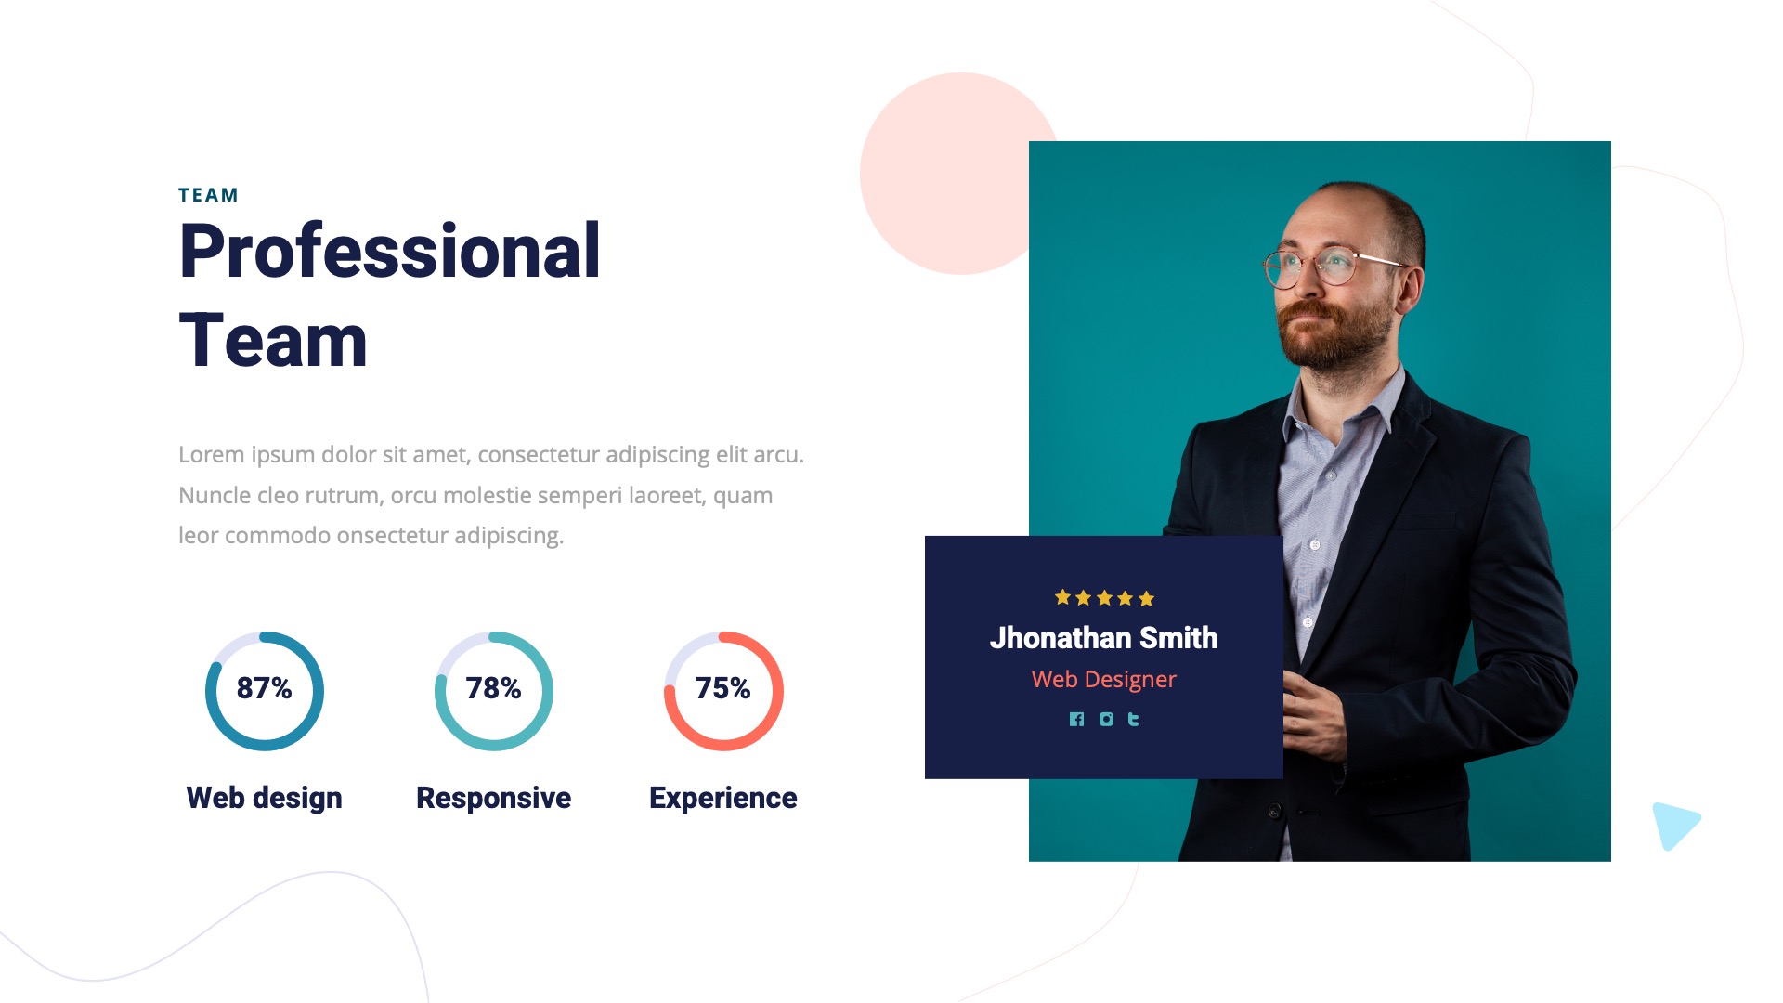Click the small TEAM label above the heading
point(208,195)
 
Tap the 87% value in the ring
point(265,688)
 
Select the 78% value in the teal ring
point(493,688)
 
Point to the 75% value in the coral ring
point(722,688)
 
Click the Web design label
point(265,798)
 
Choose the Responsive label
point(493,798)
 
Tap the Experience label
point(722,798)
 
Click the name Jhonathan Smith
point(1103,638)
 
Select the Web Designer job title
point(1103,680)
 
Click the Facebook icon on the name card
point(1076,719)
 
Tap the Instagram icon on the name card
point(1106,719)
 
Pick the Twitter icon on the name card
point(1133,719)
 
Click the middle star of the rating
point(1104,598)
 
